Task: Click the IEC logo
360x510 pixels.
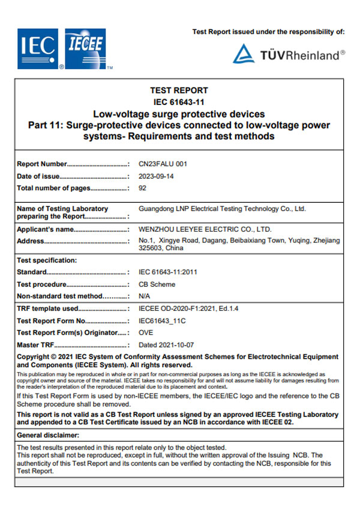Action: point(38,48)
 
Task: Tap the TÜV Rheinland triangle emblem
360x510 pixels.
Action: point(244,53)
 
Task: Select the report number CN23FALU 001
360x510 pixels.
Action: point(163,163)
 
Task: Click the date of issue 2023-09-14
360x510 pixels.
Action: point(156,176)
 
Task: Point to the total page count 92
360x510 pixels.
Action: point(142,188)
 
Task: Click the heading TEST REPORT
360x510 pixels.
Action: point(179,91)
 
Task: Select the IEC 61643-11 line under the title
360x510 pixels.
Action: point(179,102)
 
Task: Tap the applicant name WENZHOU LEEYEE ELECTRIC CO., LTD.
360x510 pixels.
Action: point(205,229)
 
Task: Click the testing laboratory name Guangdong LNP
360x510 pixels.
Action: point(222,209)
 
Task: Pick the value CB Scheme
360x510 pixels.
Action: point(157,284)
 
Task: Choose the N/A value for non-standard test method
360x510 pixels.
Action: point(144,296)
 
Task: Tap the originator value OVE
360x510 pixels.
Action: point(146,332)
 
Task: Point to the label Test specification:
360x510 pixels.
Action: point(47,260)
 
